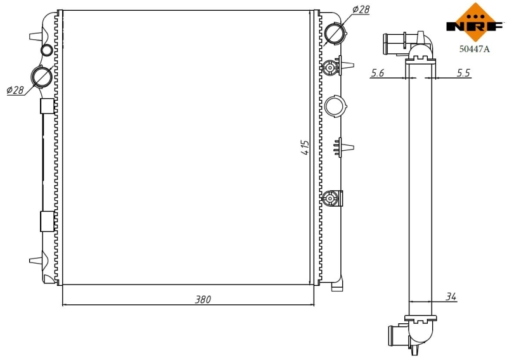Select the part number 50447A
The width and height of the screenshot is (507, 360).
(x=475, y=48)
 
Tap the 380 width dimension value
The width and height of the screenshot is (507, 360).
(x=202, y=299)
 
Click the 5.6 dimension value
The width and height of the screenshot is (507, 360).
(x=378, y=73)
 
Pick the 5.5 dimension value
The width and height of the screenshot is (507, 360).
(x=463, y=73)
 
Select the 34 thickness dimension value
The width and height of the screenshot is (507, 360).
(x=451, y=296)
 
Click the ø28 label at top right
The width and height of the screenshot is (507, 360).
(x=361, y=10)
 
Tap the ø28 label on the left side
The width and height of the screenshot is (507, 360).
(x=15, y=90)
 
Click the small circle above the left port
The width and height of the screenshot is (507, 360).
(x=46, y=49)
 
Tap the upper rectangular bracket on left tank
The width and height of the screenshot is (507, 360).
(x=48, y=106)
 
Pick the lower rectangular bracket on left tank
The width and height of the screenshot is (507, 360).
(x=48, y=221)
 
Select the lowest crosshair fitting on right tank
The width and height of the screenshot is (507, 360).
(x=330, y=199)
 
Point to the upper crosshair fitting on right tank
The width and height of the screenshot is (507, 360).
(x=330, y=67)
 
